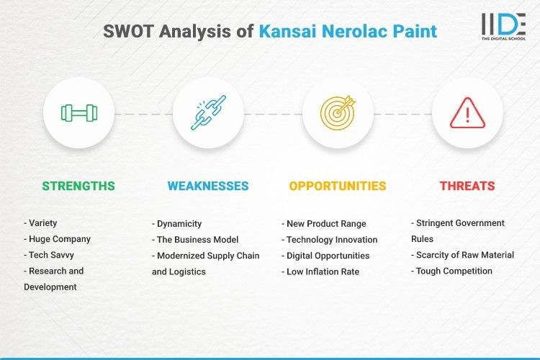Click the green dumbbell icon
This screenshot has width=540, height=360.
point(78,113)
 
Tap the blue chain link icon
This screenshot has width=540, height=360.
point(208,113)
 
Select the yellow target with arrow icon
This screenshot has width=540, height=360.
point(338,113)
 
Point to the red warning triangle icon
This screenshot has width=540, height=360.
point(467,113)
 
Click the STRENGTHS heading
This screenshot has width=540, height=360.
point(78,186)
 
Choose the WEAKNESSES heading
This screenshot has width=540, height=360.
point(208,186)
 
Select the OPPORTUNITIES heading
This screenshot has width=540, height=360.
point(338,186)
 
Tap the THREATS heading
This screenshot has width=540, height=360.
point(467,186)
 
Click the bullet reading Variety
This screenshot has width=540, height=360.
point(44,223)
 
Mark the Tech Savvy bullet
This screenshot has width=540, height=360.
point(50,255)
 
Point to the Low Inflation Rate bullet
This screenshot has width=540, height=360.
point(322,271)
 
